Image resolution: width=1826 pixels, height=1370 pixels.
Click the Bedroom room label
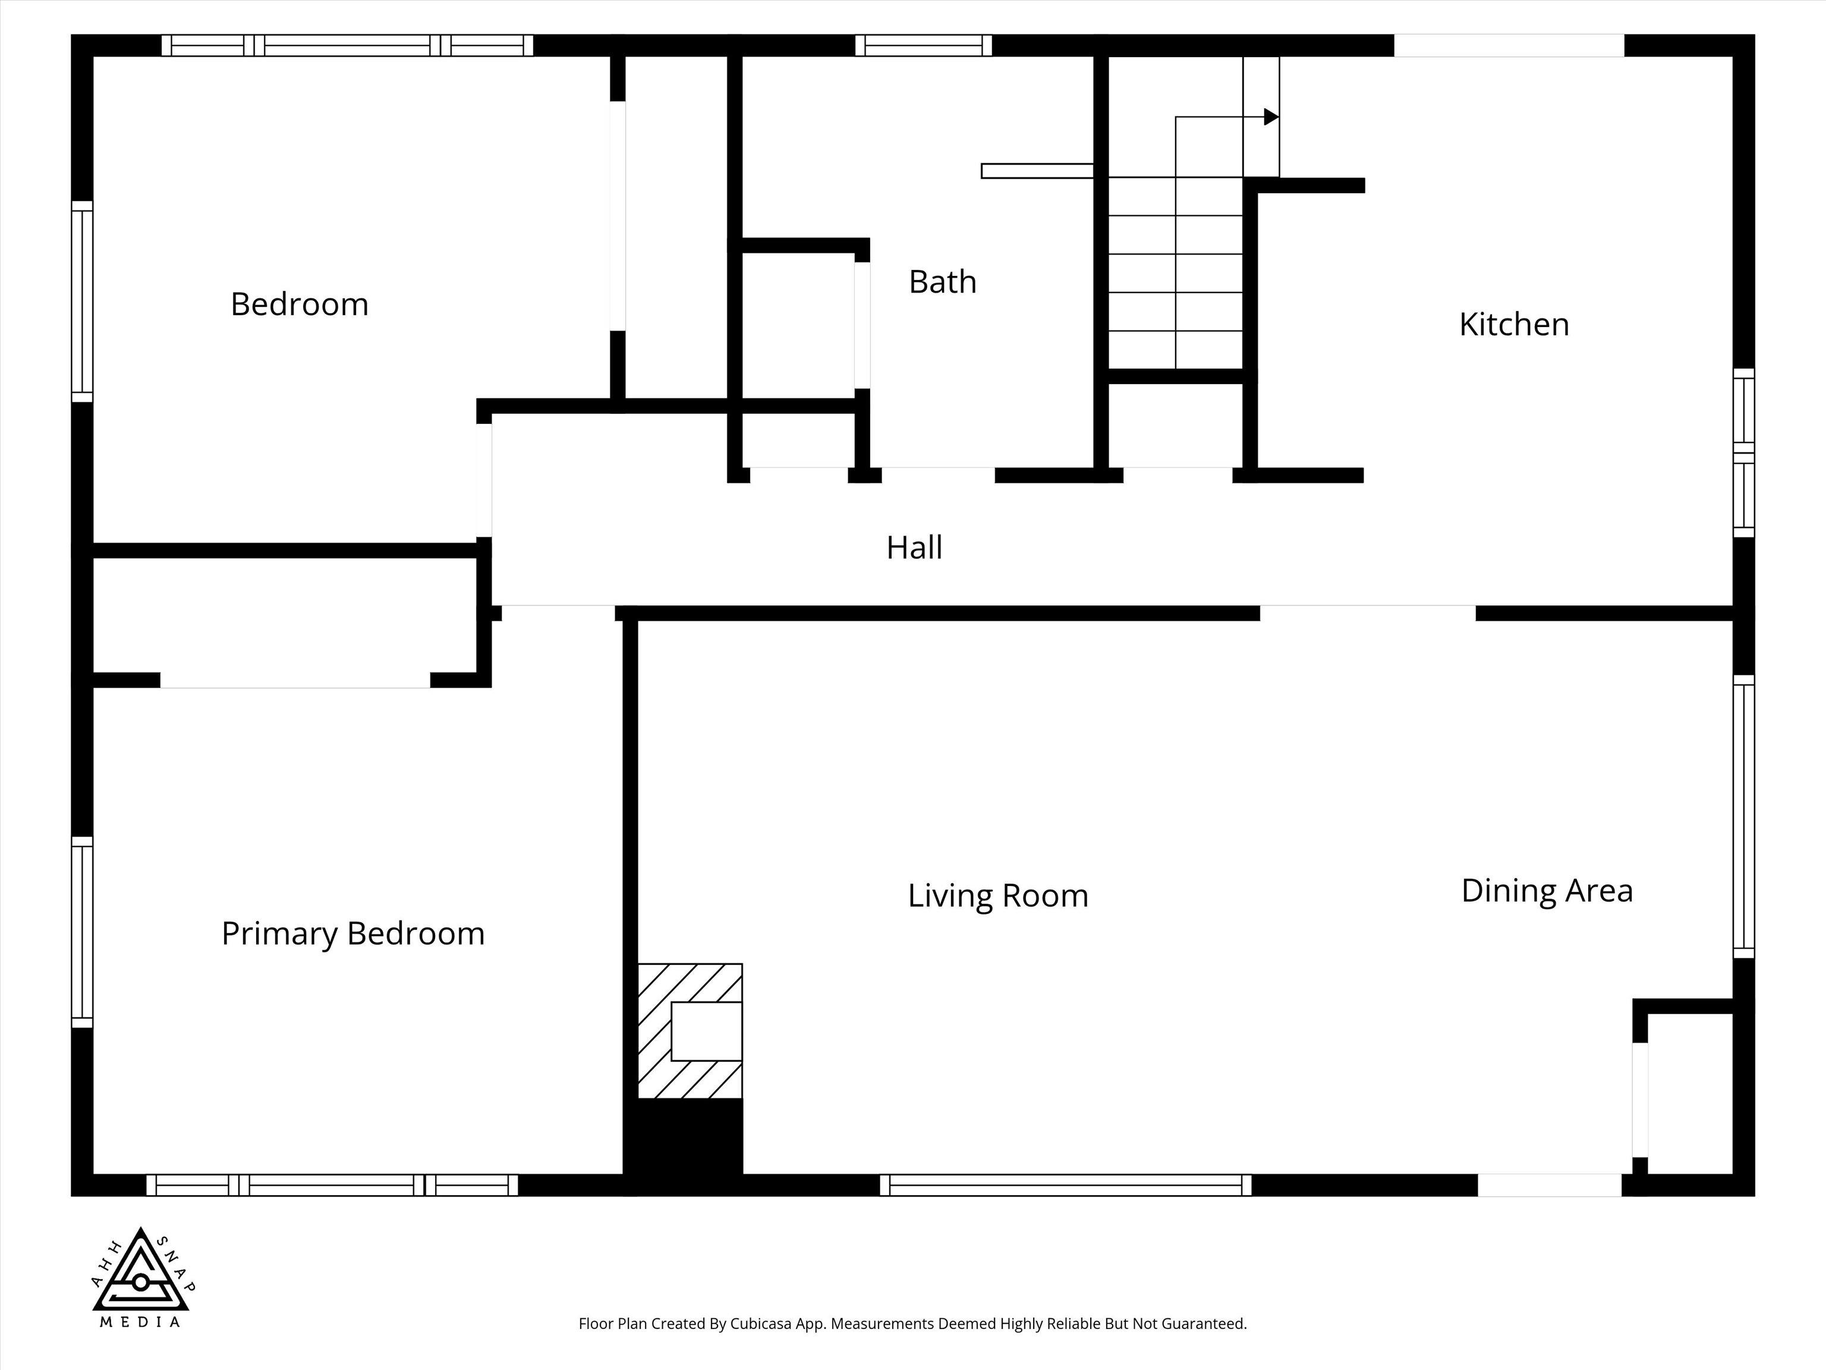(299, 304)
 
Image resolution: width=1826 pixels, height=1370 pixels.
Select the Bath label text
(943, 282)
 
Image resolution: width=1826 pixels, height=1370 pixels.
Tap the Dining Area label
(1547, 890)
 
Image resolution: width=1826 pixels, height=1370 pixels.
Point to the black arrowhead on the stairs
(1271, 117)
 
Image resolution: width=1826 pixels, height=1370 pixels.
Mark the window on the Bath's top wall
(924, 45)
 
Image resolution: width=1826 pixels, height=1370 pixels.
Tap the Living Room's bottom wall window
(1066, 1185)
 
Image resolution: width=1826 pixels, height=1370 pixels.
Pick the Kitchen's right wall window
(1743, 453)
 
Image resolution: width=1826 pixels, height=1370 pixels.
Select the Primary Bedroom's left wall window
(81, 932)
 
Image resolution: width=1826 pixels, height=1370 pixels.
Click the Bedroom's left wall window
(81, 301)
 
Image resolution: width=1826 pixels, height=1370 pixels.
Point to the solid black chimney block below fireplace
(684, 1146)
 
